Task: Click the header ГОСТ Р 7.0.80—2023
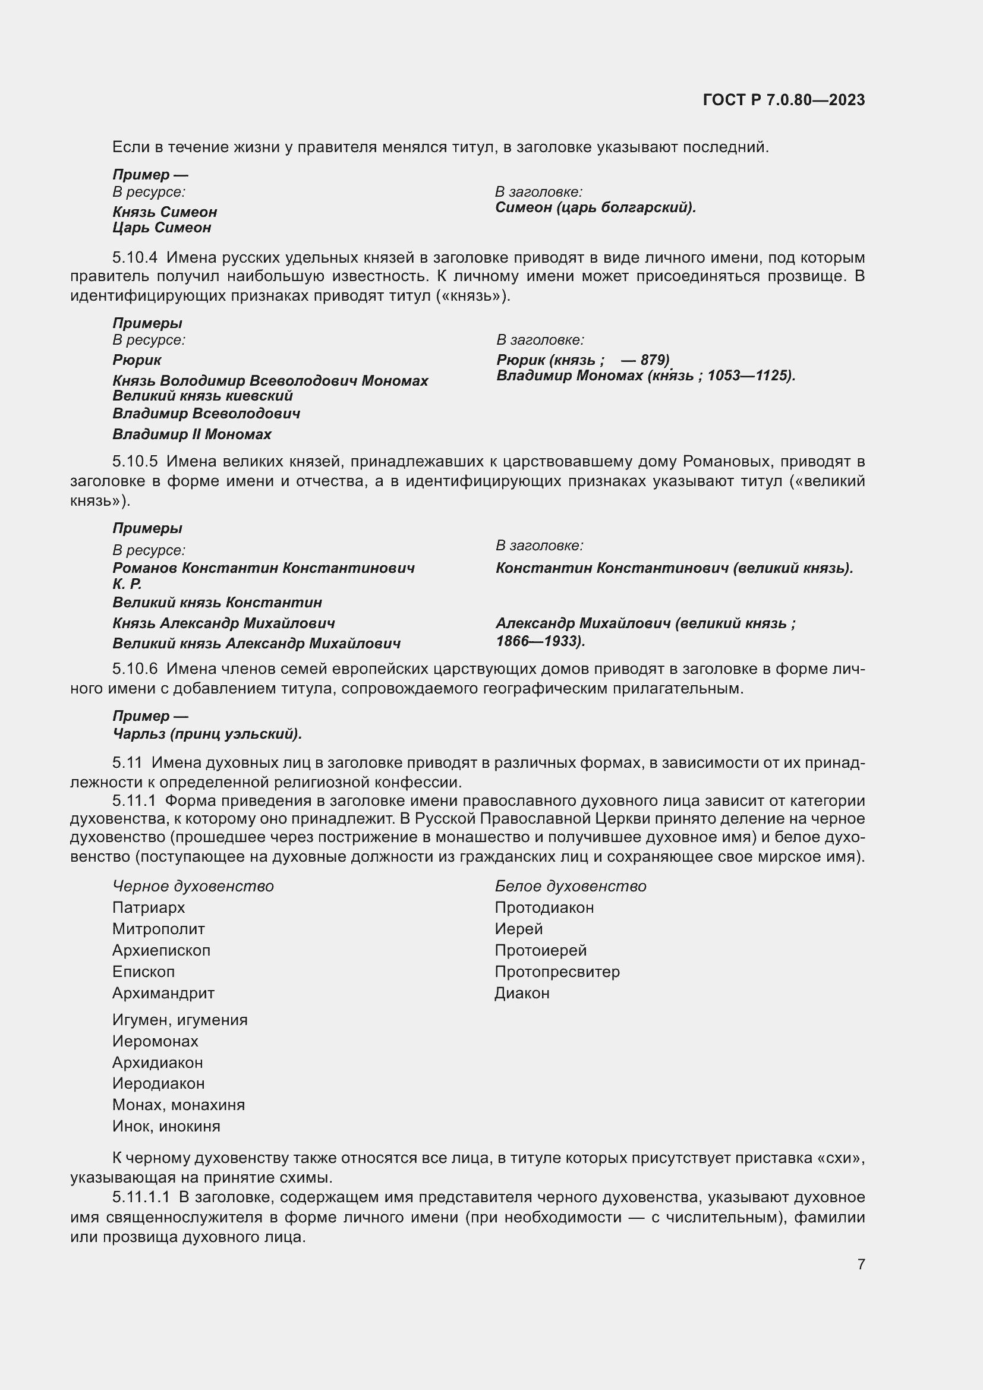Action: (783, 100)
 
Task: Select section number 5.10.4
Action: (134, 257)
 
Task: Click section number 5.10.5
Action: (134, 461)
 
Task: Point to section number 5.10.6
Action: (134, 669)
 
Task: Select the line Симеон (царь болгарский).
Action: (595, 207)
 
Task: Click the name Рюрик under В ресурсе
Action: (137, 360)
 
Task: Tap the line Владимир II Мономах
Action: (192, 434)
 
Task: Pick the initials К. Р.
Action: (127, 584)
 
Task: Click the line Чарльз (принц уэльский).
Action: (207, 735)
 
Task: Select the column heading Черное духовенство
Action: (193, 886)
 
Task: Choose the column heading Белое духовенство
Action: (570, 886)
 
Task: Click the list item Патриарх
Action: (149, 907)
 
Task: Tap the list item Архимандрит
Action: (163, 993)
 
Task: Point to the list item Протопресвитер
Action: (556, 972)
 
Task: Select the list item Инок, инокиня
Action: (166, 1126)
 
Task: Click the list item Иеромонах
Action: (155, 1041)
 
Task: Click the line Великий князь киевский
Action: (202, 396)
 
